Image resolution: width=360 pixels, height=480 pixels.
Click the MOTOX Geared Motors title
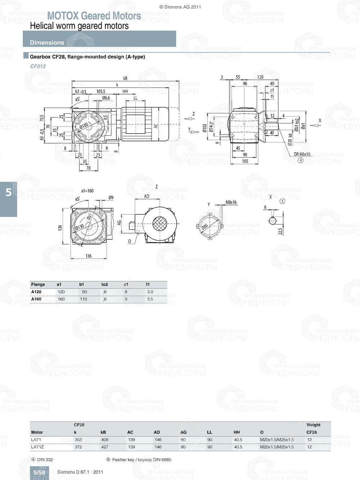click(x=94, y=16)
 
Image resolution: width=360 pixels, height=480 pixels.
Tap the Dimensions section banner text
click(x=47, y=42)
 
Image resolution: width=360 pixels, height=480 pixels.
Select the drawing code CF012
click(x=38, y=66)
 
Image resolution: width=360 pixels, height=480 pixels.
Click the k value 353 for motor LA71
click(x=78, y=440)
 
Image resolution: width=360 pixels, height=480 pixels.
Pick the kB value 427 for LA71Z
click(x=104, y=447)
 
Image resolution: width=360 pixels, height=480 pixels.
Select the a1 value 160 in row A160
click(x=61, y=299)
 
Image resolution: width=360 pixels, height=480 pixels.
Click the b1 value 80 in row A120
click(x=84, y=292)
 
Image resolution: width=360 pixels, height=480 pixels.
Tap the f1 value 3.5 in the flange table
click(x=150, y=299)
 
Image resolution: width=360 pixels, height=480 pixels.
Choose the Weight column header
click(x=313, y=425)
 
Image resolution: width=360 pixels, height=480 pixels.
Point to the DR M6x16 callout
click(x=302, y=154)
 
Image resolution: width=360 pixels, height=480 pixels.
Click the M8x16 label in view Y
click(x=231, y=202)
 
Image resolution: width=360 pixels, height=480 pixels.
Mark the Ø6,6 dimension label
click(x=106, y=98)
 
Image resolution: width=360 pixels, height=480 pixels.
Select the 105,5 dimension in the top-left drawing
click(x=101, y=91)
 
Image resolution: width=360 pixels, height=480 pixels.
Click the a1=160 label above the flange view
click(x=87, y=191)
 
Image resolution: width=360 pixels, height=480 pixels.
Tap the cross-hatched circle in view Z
click(x=159, y=224)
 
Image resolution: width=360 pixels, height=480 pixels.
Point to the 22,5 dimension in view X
click(x=280, y=231)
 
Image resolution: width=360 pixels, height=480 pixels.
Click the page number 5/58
click(x=39, y=472)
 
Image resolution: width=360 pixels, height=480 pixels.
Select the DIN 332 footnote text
click(x=45, y=459)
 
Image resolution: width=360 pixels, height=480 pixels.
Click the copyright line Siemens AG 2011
click(x=180, y=7)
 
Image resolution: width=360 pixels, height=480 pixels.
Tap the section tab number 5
click(x=9, y=193)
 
